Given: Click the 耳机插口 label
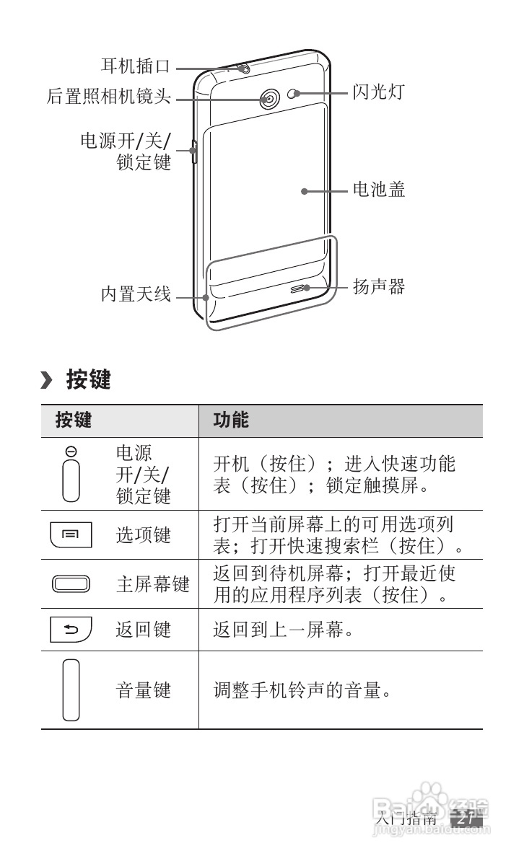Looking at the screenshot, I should (135, 67).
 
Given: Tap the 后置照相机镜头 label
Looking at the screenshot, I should (109, 97).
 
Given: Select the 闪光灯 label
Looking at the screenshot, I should (378, 92).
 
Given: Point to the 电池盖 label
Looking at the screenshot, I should (378, 190).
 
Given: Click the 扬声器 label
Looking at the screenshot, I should (378, 287).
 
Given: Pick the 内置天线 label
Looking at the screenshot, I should (135, 294).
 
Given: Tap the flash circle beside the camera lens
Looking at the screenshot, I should (292, 94).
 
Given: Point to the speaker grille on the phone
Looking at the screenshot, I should (300, 288).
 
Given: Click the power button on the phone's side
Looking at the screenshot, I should (193, 150).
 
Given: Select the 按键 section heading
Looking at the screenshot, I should (88, 379).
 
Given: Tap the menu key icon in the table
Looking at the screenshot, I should (71, 535).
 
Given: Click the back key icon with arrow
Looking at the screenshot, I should (71, 630).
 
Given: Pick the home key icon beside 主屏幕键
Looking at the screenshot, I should (71, 583).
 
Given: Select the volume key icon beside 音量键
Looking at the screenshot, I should (71, 690).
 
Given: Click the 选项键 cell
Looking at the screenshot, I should (144, 535).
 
